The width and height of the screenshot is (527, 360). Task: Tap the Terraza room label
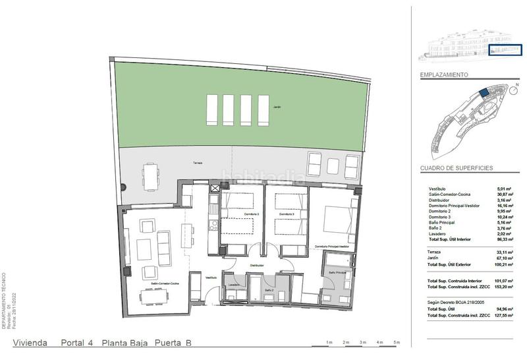click(198, 163)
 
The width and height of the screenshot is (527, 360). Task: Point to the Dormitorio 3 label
click(285, 214)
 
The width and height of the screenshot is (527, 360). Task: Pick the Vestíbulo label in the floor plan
click(211, 278)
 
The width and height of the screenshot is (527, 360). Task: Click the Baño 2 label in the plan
click(269, 289)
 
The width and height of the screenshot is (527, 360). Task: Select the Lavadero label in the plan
click(234, 285)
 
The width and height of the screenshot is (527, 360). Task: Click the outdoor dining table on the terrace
click(151, 177)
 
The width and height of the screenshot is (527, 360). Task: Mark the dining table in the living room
click(155, 299)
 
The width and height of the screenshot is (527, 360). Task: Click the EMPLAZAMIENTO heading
click(444, 76)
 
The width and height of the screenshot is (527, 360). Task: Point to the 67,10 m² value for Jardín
click(505, 258)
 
